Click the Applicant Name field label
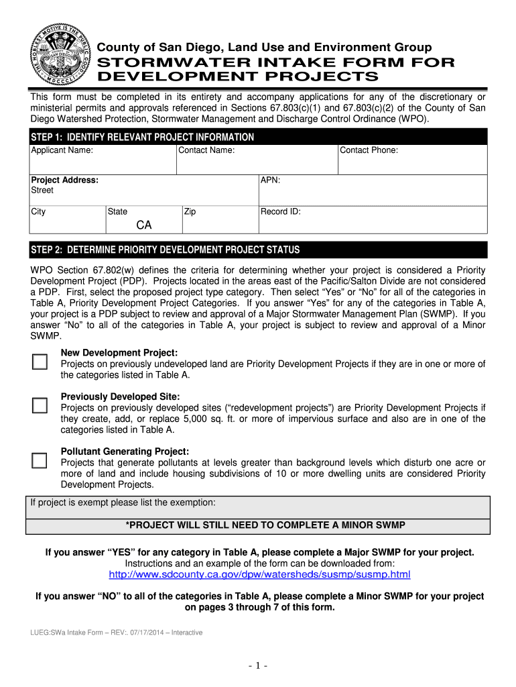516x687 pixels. point(62,150)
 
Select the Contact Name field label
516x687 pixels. point(206,150)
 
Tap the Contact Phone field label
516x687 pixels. point(369,150)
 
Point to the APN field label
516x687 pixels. point(270,180)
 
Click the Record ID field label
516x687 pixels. point(281,211)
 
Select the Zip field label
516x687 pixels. point(190,211)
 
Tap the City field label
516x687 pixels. point(38,211)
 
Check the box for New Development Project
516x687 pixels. point(40,362)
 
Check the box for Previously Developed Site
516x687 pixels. point(40,406)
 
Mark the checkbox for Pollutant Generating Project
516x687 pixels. point(40,460)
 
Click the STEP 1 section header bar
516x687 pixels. point(257,137)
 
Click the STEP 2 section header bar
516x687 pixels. point(257,250)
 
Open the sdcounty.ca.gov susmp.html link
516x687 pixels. point(259,575)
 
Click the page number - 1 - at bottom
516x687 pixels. point(258,666)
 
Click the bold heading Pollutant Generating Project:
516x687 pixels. point(125,452)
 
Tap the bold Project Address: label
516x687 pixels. point(65,180)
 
